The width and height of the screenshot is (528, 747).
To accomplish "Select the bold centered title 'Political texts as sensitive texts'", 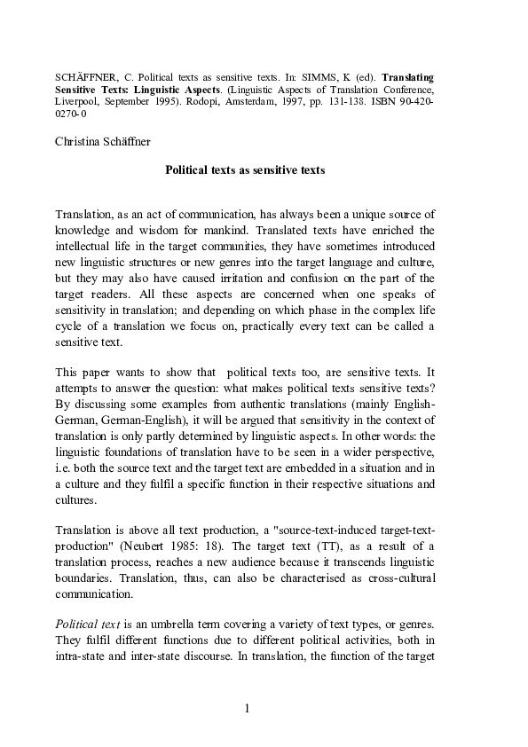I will (246, 169).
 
